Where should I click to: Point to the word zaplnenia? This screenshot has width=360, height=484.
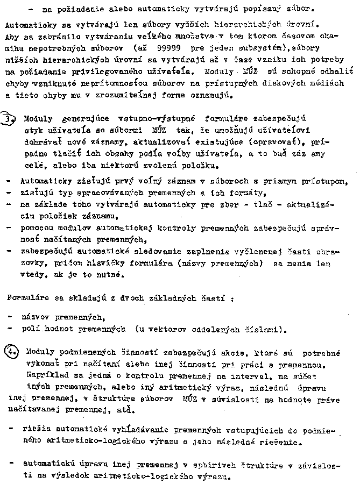214,252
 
